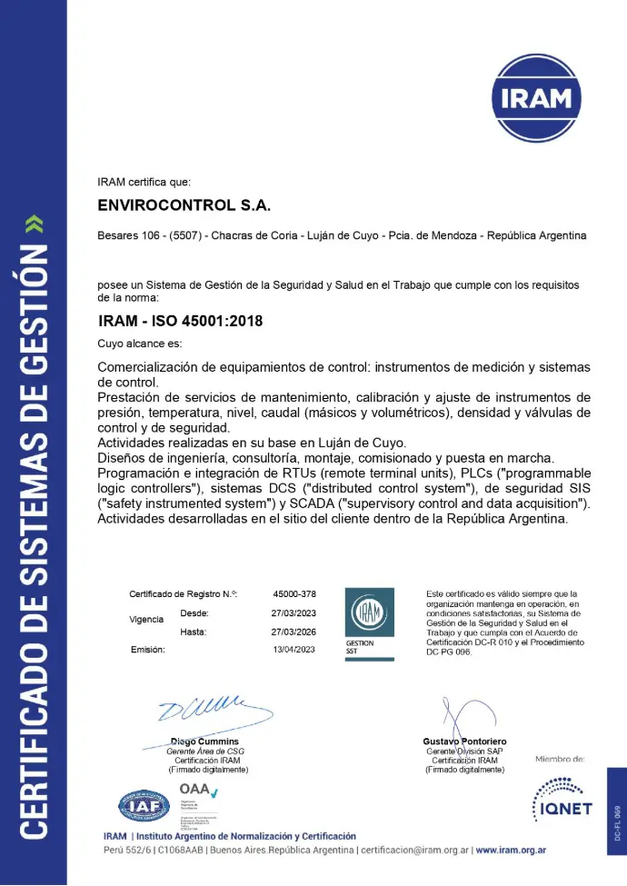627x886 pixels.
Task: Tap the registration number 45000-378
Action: pyautogui.click(x=294, y=594)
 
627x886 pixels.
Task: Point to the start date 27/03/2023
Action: pyautogui.click(x=294, y=613)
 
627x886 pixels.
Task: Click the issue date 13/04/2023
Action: pyautogui.click(x=294, y=650)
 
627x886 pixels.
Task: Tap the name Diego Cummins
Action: pyautogui.click(x=204, y=742)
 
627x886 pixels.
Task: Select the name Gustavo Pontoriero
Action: pyautogui.click(x=464, y=742)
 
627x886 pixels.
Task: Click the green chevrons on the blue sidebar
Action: pyautogui.click(x=34, y=223)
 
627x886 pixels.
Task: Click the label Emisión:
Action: pyautogui.click(x=147, y=650)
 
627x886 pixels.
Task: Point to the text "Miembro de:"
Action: pyautogui.click(x=560, y=759)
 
